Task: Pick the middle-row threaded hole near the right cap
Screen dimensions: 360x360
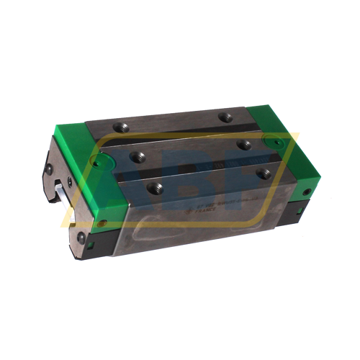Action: click(244, 145)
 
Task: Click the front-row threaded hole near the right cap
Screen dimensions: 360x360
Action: click(264, 174)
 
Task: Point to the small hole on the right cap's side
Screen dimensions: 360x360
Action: click(307, 192)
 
